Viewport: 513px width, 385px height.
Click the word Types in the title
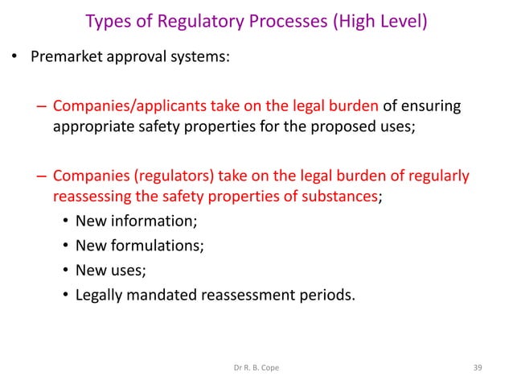coord(106,20)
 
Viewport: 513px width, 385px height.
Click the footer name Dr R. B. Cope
coord(256,367)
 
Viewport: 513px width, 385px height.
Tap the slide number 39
coord(479,367)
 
